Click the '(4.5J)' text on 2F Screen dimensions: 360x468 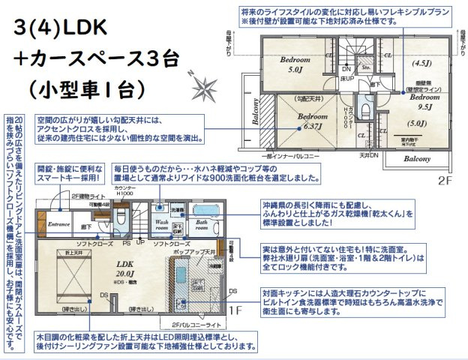pos(420,64)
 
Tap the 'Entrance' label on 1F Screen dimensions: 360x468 pos(58,223)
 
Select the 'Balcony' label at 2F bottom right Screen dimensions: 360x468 pos(417,159)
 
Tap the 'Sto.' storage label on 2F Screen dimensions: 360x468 pos(366,67)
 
